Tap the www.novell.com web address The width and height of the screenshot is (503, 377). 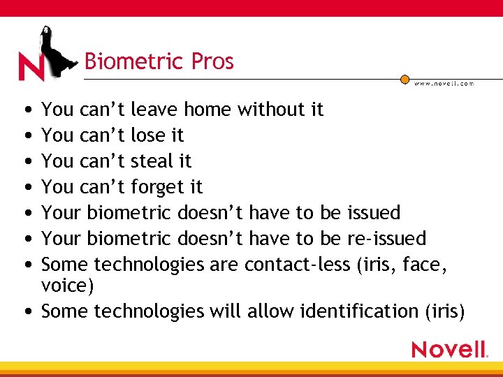pos(444,83)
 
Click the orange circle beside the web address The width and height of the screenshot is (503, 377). pos(404,80)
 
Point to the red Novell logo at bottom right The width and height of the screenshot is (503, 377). pos(449,348)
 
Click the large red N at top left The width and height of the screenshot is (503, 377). pos(31,67)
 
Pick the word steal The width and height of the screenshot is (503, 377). pos(154,161)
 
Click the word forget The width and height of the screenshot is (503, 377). pos(159,187)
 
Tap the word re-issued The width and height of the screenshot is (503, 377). pos(386,239)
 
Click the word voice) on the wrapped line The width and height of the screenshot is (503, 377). pos(68,286)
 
